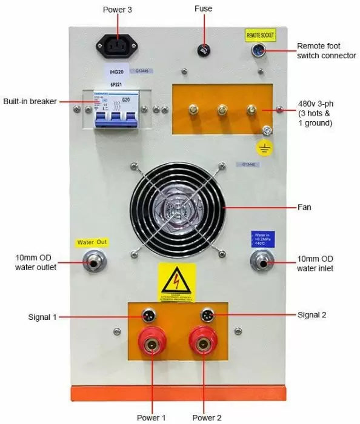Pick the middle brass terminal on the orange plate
(222, 110)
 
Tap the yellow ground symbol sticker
(265, 148)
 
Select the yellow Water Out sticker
(92, 243)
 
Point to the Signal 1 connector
(147, 315)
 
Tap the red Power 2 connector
(205, 345)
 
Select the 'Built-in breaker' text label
(30, 101)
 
